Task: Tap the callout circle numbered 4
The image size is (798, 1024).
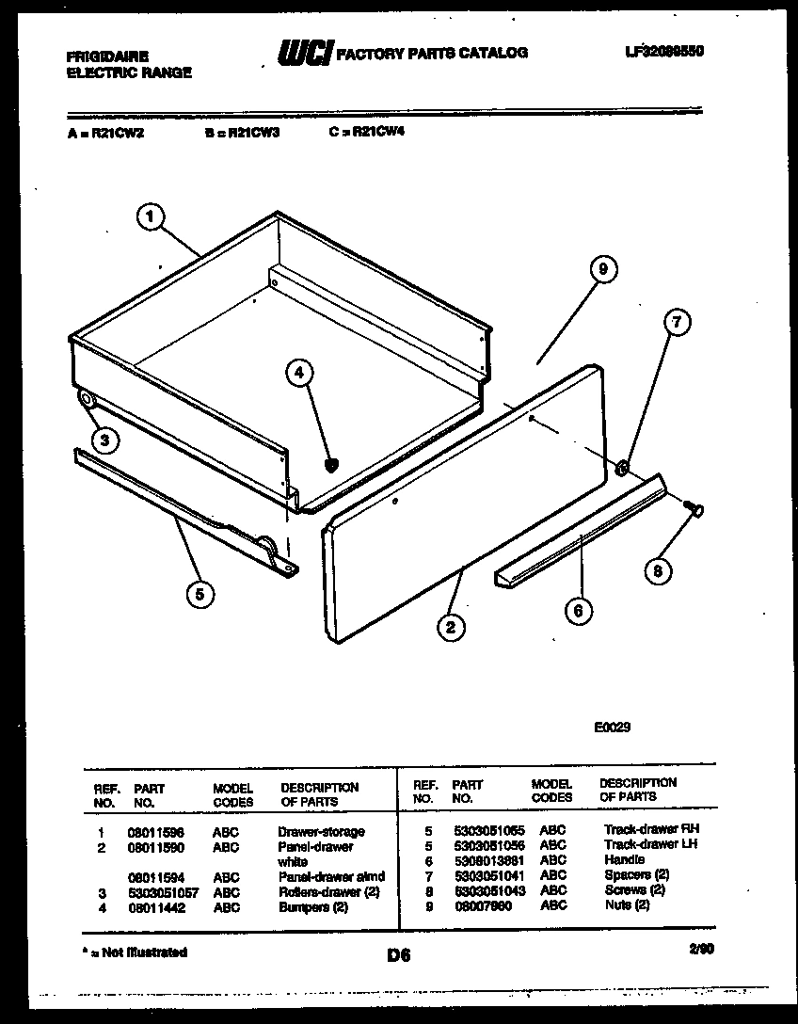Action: pyautogui.click(x=299, y=374)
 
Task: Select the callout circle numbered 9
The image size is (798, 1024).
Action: pyautogui.click(x=603, y=269)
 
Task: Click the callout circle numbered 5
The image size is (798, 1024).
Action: pyautogui.click(x=199, y=593)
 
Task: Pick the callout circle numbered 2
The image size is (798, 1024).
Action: pyautogui.click(x=452, y=627)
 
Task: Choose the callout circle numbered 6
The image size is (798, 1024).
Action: pyautogui.click(x=578, y=611)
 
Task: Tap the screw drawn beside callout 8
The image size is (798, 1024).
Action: pyautogui.click(x=697, y=508)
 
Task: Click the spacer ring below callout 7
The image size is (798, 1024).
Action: pyautogui.click(x=622, y=468)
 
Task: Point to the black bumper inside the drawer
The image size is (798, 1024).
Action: pyautogui.click(x=330, y=464)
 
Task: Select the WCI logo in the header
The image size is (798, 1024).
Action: pyautogui.click(x=304, y=55)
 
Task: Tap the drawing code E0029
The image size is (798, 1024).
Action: pyautogui.click(x=613, y=728)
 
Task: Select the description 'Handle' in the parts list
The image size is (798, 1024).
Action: pyautogui.click(x=624, y=860)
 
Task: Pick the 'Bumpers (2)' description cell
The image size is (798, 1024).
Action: pyautogui.click(x=312, y=907)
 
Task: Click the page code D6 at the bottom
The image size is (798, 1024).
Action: pyautogui.click(x=399, y=955)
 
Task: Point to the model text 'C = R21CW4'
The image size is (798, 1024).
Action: pyautogui.click(x=366, y=133)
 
